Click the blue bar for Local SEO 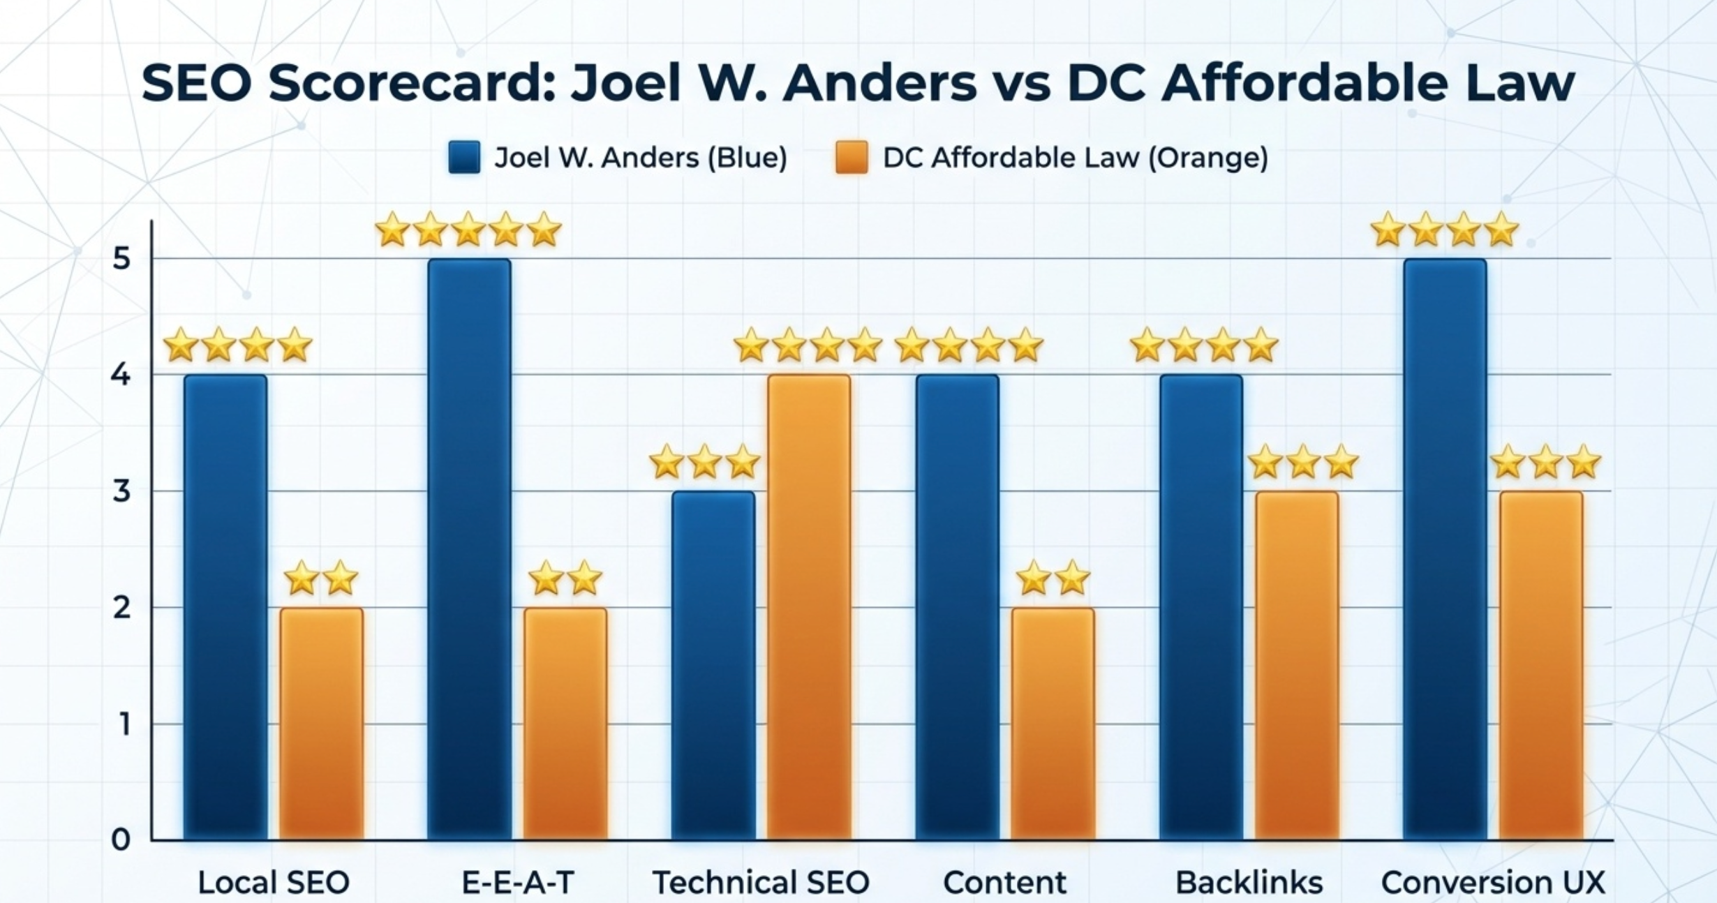pos(225,607)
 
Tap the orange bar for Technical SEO pos(809,607)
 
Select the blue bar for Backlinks pos(1201,607)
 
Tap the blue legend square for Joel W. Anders pos(464,157)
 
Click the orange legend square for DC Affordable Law pos(852,157)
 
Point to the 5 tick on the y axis pos(121,259)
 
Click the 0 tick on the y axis pos(121,839)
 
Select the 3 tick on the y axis pos(121,491)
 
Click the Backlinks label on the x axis pos(1249,882)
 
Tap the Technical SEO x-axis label pos(761,882)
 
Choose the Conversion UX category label pos(1493,882)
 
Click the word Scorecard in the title pos(411,83)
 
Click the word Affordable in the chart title pos(1305,83)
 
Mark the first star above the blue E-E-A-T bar pos(392,230)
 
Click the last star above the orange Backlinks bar pos(1341,463)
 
